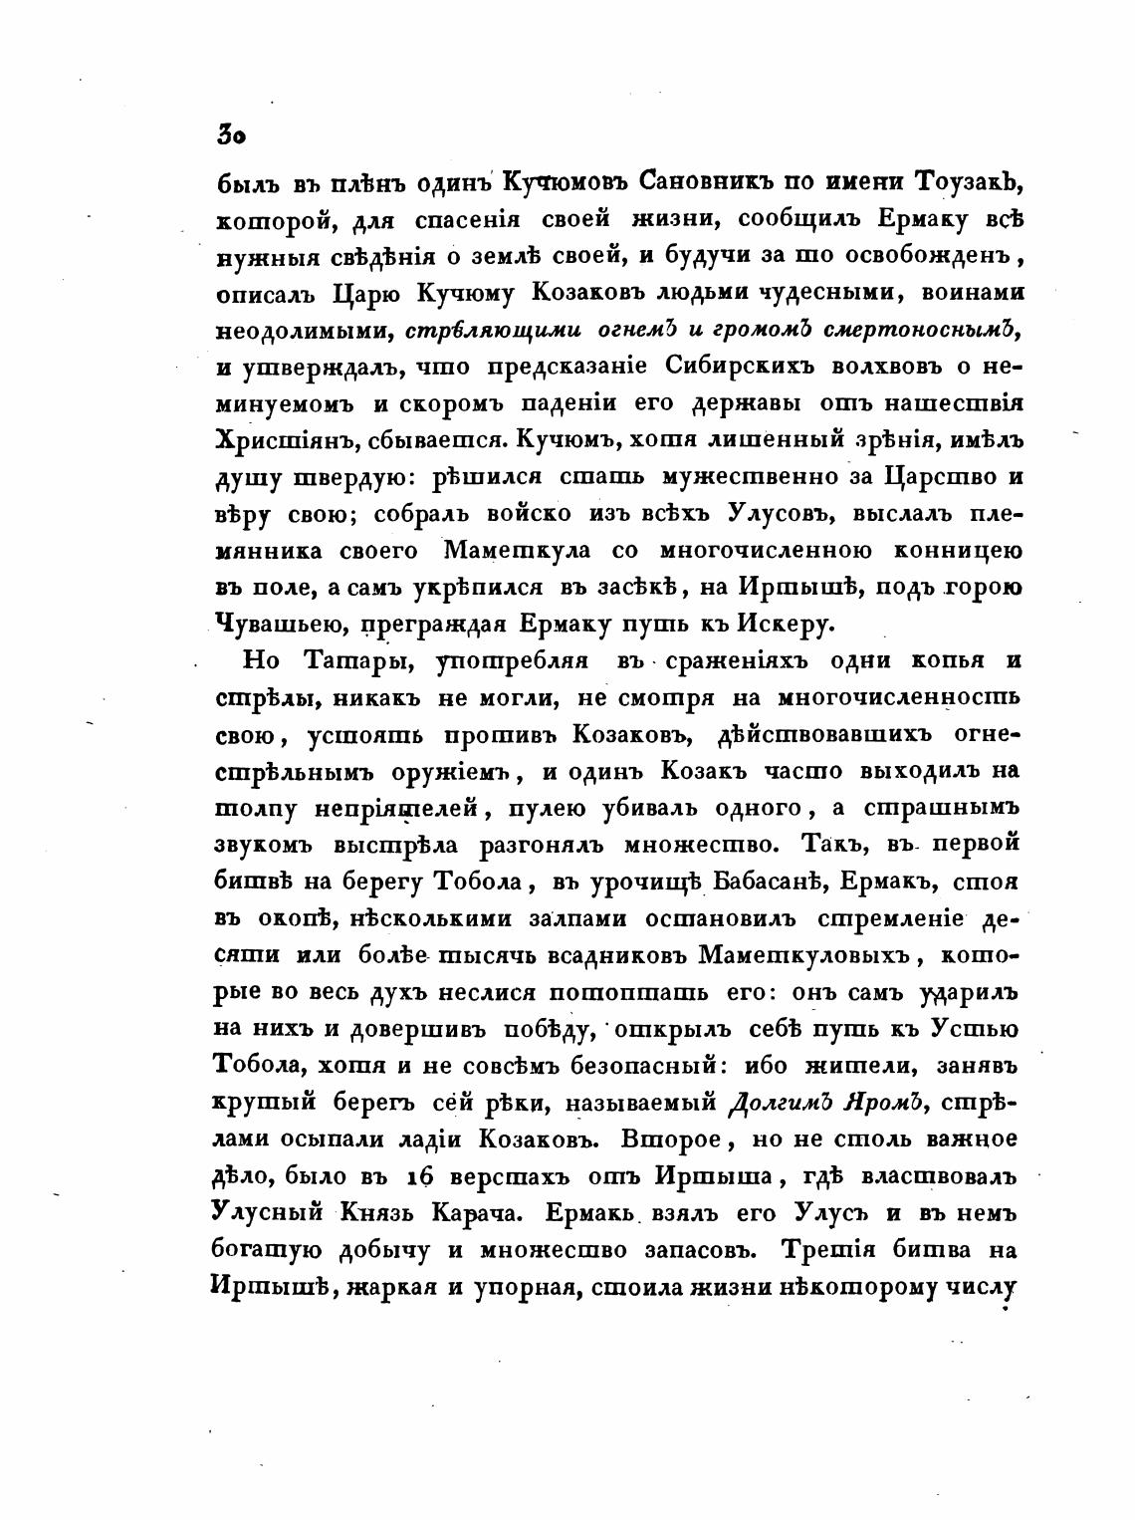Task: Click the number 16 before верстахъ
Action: (x=424, y=1177)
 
